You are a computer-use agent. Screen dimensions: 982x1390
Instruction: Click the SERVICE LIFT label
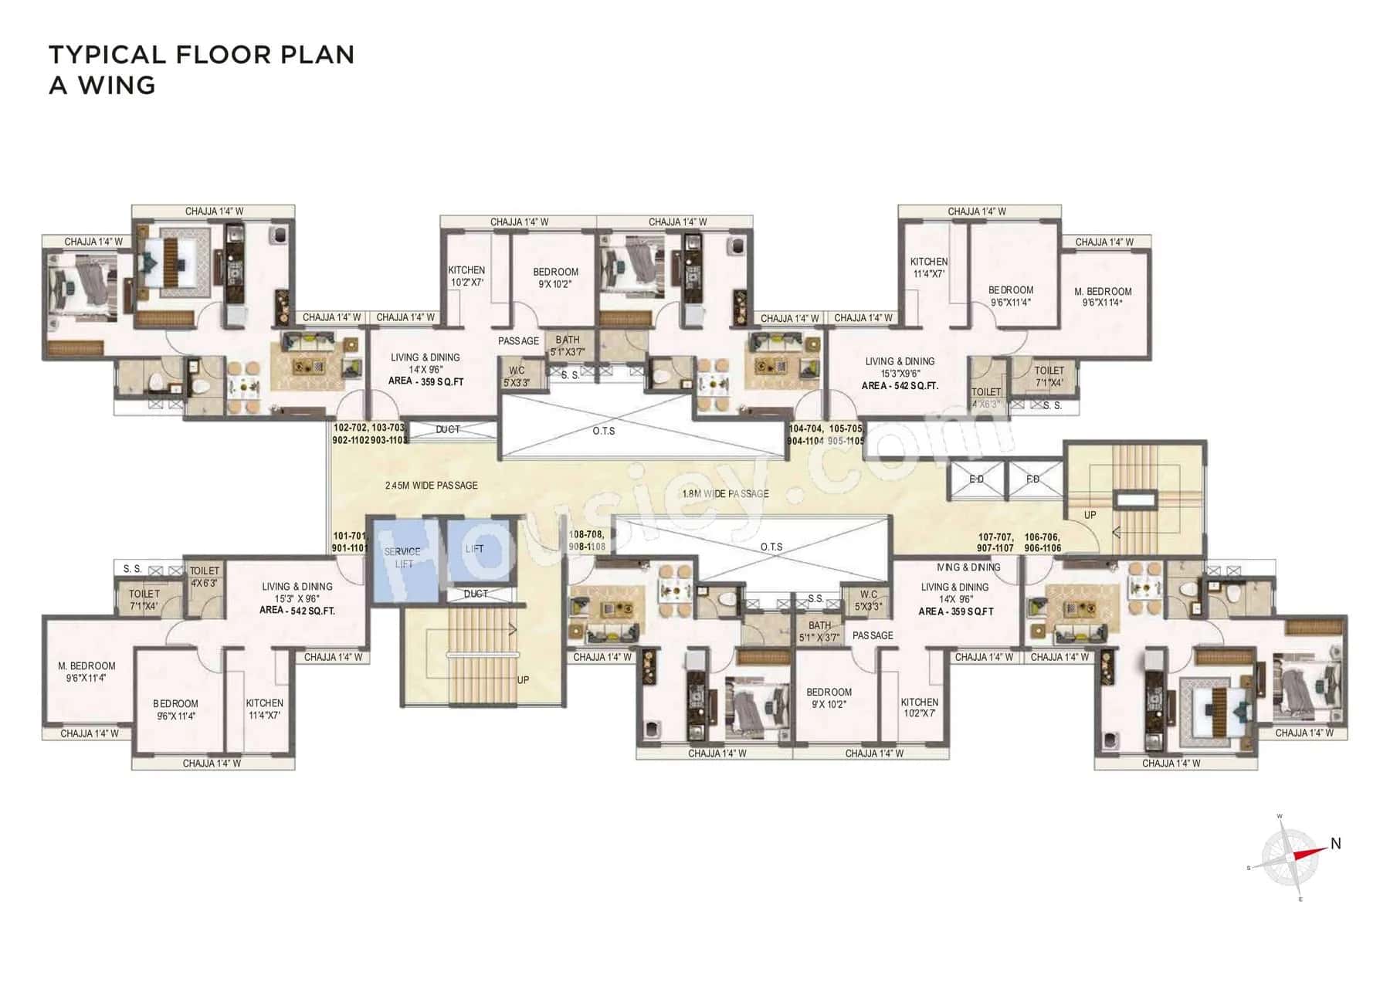tap(402, 557)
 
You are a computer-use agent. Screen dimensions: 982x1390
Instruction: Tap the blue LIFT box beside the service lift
tap(476, 551)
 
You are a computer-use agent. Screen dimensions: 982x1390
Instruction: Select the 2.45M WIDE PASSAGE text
tap(431, 486)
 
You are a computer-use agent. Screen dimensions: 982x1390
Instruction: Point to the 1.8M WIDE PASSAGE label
tap(725, 494)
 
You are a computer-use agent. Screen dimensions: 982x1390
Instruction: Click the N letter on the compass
tap(1335, 844)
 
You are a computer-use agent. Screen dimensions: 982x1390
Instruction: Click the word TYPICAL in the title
tap(107, 55)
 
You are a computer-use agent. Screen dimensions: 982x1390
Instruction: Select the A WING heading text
tap(102, 86)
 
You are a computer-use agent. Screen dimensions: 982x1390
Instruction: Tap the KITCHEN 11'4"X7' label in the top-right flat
tap(928, 268)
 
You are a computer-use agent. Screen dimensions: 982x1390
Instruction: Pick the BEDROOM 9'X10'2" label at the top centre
tap(555, 278)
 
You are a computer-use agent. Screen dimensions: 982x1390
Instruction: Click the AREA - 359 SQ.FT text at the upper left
tap(425, 381)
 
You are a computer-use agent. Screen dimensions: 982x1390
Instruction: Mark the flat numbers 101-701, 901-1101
tap(350, 542)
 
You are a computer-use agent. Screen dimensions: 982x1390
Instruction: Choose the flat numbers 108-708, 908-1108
tap(587, 540)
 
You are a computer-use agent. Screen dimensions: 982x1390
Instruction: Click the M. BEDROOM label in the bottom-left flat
tap(86, 672)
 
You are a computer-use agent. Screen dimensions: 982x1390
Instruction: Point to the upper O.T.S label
tap(604, 431)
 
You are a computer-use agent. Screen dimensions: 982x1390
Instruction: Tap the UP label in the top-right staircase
tap(1090, 515)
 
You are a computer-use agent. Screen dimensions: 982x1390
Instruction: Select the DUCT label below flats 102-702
tap(448, 430)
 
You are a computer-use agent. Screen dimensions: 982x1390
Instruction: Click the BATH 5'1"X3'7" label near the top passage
tap(568, 346)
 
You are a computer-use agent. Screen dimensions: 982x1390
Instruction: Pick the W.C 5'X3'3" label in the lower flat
tap(869, 601)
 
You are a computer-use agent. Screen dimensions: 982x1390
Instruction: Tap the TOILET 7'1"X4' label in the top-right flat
tap(1049, 377)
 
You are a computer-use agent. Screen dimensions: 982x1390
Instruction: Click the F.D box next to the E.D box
tap(1033, 479)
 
